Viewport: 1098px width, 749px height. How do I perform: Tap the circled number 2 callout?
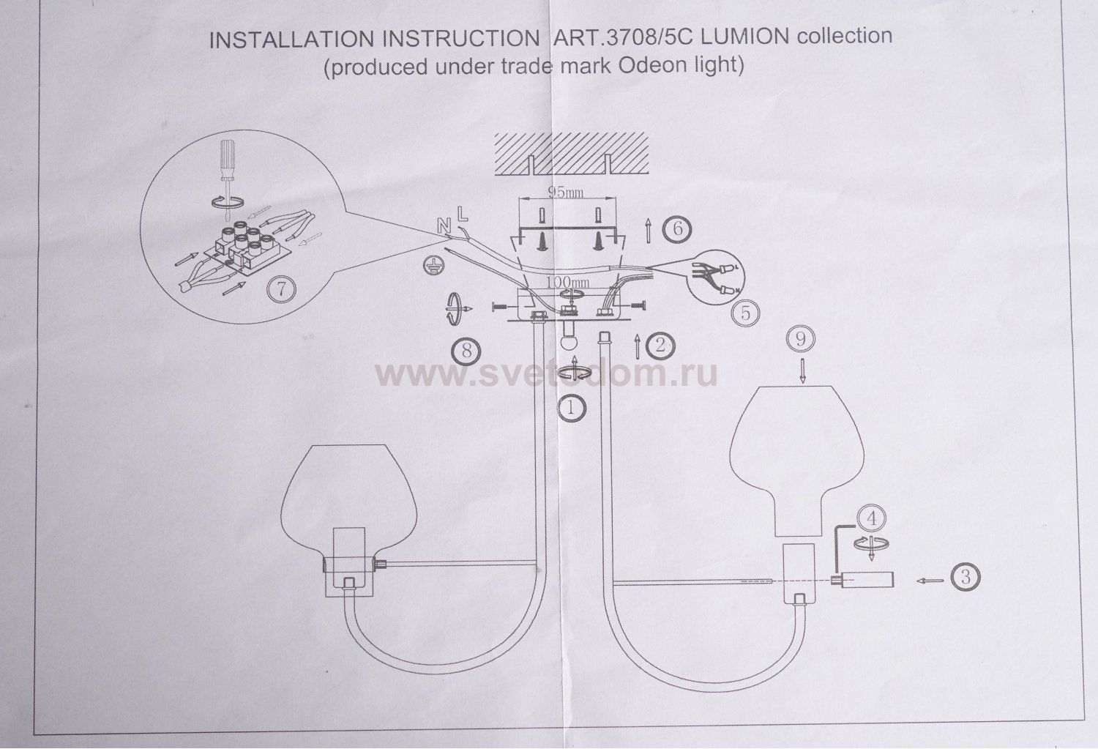(660, 345)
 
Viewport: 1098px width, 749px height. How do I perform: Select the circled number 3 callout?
(966, 577)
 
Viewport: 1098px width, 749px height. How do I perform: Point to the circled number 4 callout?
(871, 518)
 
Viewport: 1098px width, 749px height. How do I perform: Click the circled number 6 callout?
(677, 229)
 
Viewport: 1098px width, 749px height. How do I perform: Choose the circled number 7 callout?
(282, 289)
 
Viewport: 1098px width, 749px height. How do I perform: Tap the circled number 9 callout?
(802, 339)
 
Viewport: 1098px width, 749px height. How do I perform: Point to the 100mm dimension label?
(568, 282)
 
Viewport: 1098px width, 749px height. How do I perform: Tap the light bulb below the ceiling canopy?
(569, 341)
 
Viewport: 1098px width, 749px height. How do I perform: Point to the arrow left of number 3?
(929, 580)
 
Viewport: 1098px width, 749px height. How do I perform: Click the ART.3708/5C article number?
(604, 37)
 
